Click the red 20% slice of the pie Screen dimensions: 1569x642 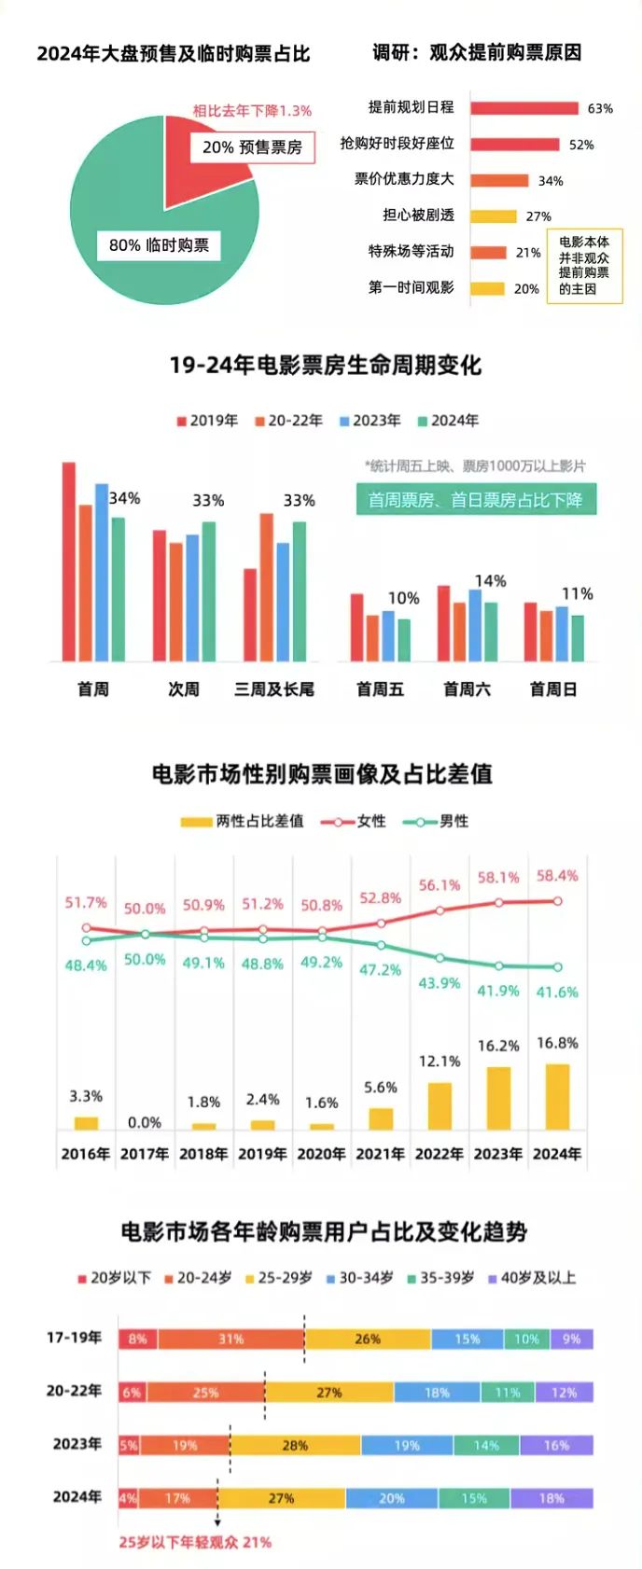pos(201,168)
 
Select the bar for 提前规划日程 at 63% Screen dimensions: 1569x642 pos(524,108)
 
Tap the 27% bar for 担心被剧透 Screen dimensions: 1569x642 pos(493,216)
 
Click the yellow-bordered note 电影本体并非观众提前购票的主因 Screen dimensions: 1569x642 pos(584,266)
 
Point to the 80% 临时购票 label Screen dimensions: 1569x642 pos(159,245)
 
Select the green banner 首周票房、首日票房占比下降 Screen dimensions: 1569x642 pos(475,500)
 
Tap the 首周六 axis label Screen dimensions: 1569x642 pos(467,689)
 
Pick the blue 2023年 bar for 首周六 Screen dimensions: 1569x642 pos(475,625)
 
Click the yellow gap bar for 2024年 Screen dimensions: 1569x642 pos(557,1097)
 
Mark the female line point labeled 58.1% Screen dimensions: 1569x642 pos(499,903)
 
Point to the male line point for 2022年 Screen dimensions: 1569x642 pos(440,958)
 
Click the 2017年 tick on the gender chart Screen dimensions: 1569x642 pos(145,1154)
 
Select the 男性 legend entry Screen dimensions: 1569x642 pos(437,822)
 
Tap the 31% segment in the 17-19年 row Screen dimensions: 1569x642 pos(231,1340)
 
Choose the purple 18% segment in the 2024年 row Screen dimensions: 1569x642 pos(551,1498)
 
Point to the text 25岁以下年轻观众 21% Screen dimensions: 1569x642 pos(195,1543)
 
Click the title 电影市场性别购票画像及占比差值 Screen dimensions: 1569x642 pos(322,774)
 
